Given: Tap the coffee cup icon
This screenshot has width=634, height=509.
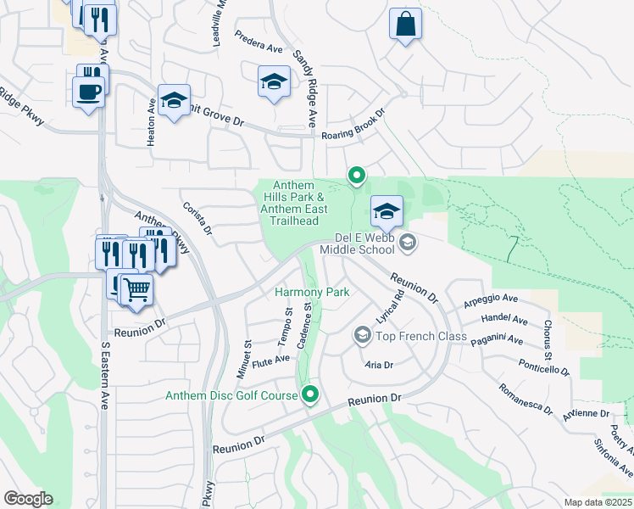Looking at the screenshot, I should click(88, 91).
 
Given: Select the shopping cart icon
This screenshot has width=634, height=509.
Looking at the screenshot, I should click(136, 290).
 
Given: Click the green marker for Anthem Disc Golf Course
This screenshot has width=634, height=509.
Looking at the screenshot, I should click(311, 394).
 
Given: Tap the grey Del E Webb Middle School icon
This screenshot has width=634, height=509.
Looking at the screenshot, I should click(408, 243).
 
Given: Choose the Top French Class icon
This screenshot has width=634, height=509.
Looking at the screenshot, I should click(363, 336).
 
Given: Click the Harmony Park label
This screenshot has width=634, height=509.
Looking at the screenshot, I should click(313, 292).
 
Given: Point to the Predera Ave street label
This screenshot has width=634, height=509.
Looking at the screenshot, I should click(259, 49).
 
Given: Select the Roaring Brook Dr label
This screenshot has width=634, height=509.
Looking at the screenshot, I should click(353, 124).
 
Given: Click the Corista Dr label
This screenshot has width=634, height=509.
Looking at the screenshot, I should click(197, 218).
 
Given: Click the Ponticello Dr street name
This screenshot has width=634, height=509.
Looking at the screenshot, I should click(543, 365).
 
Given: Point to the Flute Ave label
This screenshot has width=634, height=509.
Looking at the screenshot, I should click(270, 358).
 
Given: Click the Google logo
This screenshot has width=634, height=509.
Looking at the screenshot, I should click(28, 499).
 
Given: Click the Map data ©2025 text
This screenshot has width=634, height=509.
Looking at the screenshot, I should click(598, 502).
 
